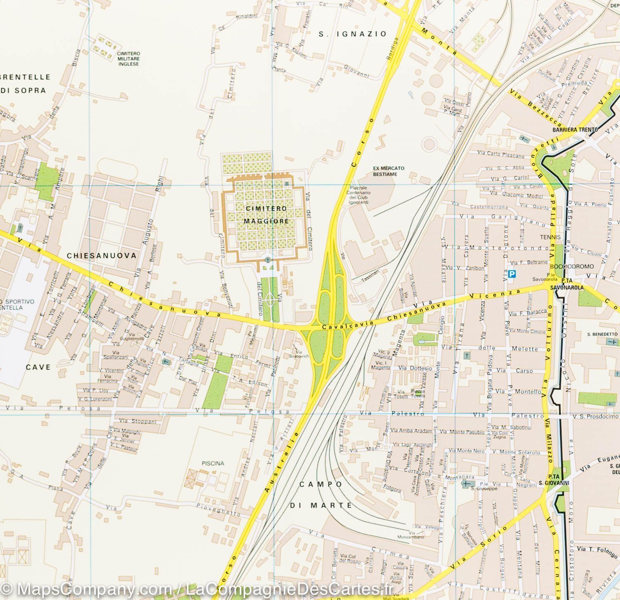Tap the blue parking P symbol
(512, 274)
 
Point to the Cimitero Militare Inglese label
(128, 59)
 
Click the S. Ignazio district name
(353, 34)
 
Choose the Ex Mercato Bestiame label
(389, 171)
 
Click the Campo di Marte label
(321, 494)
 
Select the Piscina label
(213, 463)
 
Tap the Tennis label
(550, 237)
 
